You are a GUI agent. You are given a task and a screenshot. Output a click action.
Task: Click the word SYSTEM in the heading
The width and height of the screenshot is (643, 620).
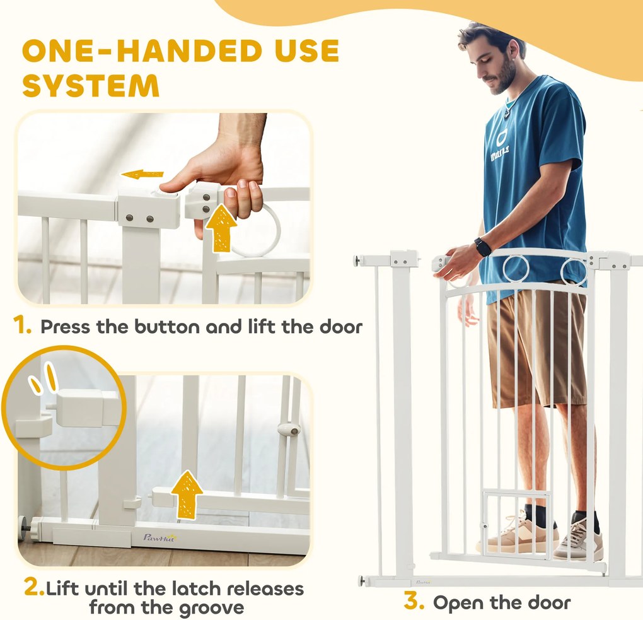[91, 85]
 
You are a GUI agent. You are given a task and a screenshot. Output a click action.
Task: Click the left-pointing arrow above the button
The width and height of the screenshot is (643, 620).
[142, 174]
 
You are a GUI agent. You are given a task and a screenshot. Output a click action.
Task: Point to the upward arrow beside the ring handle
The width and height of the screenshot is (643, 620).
[221, 228]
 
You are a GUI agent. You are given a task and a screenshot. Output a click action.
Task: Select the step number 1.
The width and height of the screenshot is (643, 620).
[21, 325]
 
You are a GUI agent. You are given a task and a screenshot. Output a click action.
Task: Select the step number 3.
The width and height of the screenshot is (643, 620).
[414, 601]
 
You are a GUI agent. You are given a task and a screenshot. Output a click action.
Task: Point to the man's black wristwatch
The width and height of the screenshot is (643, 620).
[482, 247]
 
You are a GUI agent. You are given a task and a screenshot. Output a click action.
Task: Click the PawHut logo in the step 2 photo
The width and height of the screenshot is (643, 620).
[159, 537]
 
